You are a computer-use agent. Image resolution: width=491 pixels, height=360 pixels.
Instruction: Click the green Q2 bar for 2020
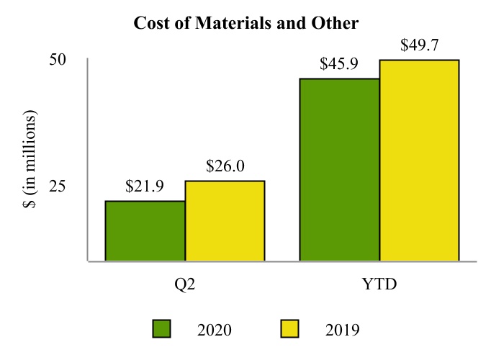pos(145,230)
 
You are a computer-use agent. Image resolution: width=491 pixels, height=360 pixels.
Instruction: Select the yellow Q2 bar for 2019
pos(225,220)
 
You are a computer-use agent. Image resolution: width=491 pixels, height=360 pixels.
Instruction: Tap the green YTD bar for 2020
pos(339,169)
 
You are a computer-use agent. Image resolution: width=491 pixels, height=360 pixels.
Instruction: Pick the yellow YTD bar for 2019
pos(419,160)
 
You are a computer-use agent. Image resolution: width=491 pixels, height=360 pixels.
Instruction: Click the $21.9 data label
pos(144,186)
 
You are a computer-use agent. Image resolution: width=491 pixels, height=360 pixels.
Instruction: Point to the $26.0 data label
pos(225,166)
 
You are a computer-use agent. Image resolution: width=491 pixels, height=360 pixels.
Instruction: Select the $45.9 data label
pos(339,64)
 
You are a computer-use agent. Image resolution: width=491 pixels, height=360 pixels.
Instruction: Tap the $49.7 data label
pos(419,46)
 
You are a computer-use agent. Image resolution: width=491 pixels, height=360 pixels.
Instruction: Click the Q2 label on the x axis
pos(185,284)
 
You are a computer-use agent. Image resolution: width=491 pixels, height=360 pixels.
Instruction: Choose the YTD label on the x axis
pos(379,284)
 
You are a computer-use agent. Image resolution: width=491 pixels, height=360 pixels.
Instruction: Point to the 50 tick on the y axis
pos(58,60)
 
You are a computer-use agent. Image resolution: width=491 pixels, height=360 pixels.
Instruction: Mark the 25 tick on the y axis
pos(58,186)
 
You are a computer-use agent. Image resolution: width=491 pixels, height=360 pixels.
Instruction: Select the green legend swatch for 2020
pos(162,329)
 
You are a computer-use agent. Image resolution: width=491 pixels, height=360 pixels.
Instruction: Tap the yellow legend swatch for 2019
pos(289,329)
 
